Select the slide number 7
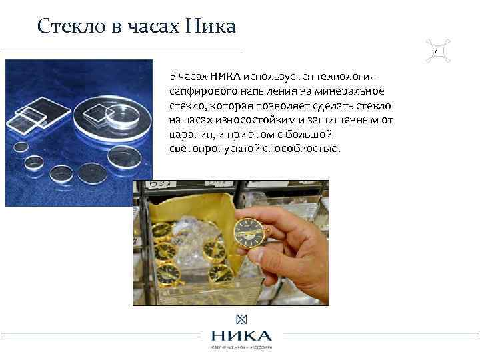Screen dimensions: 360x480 pyautogui.click(x=435, y=52)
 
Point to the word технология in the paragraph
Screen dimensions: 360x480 pyautogui.click(x=352, y=77)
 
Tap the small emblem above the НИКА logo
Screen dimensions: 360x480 pyautogui.click(x=239, y=319)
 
